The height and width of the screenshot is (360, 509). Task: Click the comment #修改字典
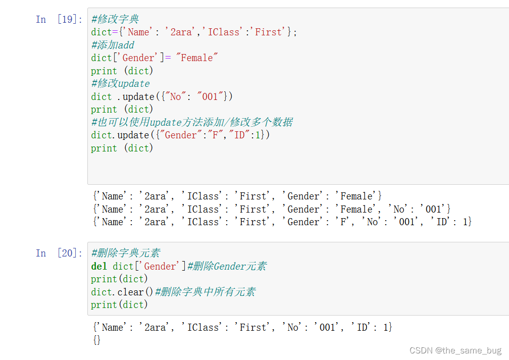pyautogui.click(x=115, y=19)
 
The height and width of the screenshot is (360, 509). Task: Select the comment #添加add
pyautogui.click(x=113, y=45)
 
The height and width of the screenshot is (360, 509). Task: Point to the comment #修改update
pyautogui.click(x=120, y=83)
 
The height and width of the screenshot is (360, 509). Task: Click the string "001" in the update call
pyautogui.click(x=210, y=96)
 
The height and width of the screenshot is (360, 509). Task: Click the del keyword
pyautogui.click(x=99, y=266)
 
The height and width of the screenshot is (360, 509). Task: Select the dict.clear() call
pyautogui.click(x=122, y=292)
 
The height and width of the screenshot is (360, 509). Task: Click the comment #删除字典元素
pyautogui.click(x=125, y=253)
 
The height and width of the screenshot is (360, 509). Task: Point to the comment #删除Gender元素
pyautogui.click(x=227, y=266)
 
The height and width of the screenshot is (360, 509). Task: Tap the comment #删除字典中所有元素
pyautogui.click(x=205, y=292)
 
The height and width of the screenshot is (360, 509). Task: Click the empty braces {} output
pyautogui.click(x=97, y=340)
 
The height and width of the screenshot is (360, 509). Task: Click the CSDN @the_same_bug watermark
pyautogui.click(x=455, y=350)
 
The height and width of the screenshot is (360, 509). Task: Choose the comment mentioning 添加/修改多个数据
pyautogui.click(x=192, y=122)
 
